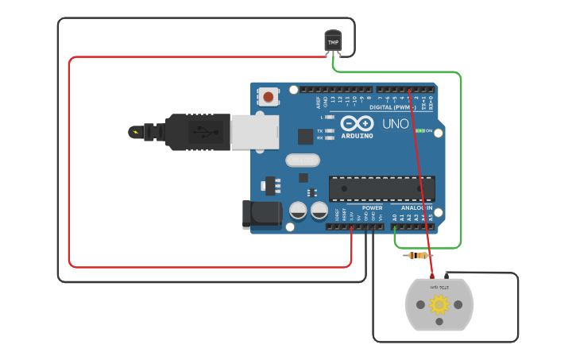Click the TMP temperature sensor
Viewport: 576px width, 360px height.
click(333, 41)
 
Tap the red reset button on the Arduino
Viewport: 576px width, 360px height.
click(269, 97)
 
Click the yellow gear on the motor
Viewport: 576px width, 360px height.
click(439, 304)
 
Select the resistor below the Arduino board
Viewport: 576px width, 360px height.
click(418, 255)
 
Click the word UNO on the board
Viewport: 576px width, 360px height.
click(395, 124)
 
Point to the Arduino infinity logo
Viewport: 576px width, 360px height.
click(357, 123)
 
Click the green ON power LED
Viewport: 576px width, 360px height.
click(420, 130)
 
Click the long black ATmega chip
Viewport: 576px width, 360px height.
click(381, 188)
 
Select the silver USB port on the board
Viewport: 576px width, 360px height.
click(255, 132)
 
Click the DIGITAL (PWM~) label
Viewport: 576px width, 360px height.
click(393, 106)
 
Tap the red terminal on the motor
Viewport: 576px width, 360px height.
click(432, 275)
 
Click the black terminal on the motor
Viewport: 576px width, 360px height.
click(446, 275)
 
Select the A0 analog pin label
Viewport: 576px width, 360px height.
click(394, 216)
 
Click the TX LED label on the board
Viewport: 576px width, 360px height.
click(320, 130)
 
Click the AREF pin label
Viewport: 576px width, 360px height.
click(316, 100)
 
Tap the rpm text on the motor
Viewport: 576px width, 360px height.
click(439, 286)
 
